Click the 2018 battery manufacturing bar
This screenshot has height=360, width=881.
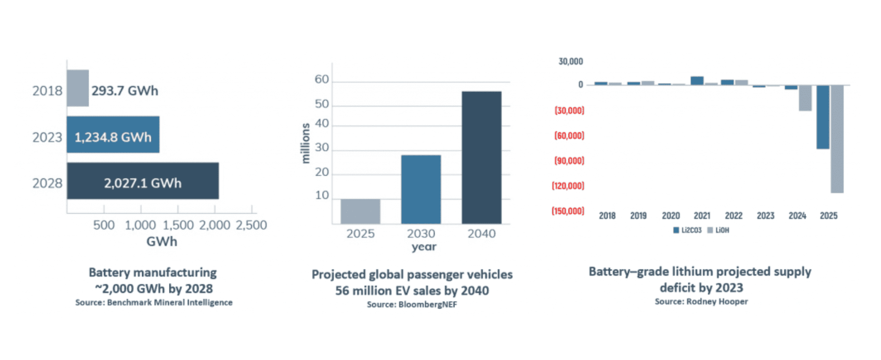[78, 88]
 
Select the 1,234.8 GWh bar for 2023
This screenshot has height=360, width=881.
[113, 135]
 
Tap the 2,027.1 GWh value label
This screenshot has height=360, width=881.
[143, 183]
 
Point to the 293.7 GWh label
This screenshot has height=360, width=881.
[125, 91]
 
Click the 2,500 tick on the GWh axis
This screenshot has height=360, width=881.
[251, 225]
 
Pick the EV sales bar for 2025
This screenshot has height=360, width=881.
[360, 211]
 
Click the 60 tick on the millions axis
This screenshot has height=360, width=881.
[322, 79]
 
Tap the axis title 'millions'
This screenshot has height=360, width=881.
[305, 143]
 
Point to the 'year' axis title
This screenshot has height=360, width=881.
[424, 247]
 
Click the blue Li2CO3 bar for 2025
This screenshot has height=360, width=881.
[823, 117]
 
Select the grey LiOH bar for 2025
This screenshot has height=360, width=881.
[837, 139]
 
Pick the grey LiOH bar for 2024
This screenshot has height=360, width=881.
[805, 98]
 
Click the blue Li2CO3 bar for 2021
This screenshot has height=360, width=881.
[697, 81]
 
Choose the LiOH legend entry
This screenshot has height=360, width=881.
[718, 231]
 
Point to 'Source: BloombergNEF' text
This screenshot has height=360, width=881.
[412, 305]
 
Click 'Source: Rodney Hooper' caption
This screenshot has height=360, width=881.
[701, 302]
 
